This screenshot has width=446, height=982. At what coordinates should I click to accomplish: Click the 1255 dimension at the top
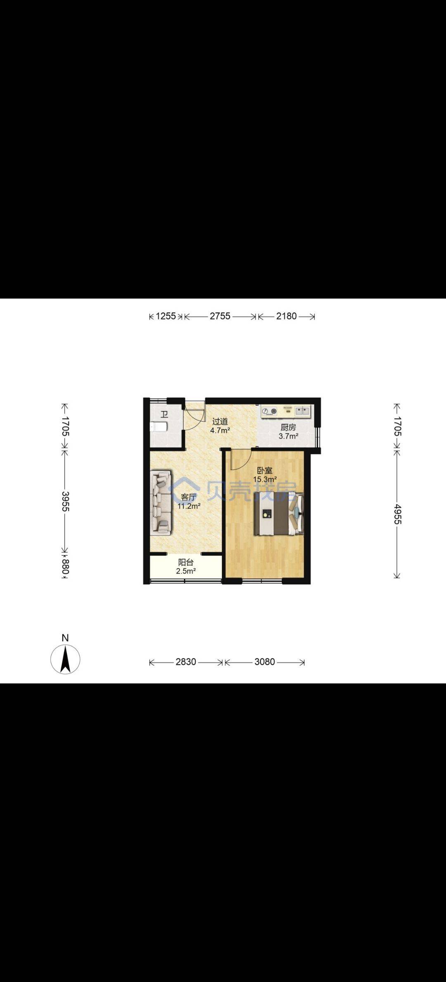[x=166, y=316]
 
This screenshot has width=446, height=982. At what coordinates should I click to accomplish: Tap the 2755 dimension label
[x=220, y=316]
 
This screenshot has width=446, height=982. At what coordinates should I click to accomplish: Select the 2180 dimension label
[x=286, y=316]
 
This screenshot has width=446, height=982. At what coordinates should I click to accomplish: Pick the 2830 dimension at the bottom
[x=186, y=662]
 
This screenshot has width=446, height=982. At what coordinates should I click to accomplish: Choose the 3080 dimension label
[x=265, y=662]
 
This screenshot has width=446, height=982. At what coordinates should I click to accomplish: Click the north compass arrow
[x=65, y=659]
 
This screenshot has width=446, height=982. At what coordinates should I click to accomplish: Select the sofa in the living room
[x=161, y=503]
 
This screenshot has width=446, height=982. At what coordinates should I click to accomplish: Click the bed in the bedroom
[x=279, y=514]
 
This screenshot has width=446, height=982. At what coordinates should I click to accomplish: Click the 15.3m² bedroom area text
[x=265, y=479]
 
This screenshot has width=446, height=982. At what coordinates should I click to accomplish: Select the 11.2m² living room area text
[x=189, y=506]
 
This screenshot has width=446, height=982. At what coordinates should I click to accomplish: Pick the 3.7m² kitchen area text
[x=288, y=436]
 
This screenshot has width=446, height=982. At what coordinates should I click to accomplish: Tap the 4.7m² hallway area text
[x=220, y=430]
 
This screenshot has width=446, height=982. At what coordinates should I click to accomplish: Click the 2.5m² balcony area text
[x=186, y=571]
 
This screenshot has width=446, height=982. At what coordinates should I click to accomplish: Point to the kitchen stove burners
[x=270, y=411]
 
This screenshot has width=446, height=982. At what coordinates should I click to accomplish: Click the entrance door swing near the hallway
[x=194, y=415]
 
